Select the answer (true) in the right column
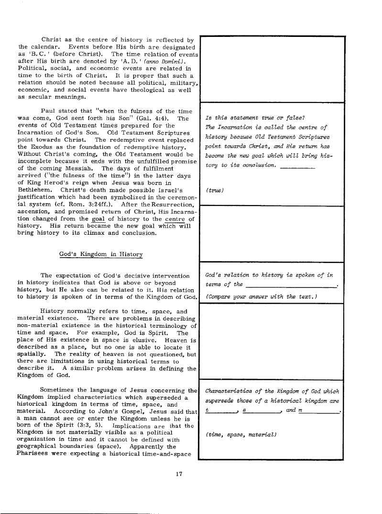(213, 190)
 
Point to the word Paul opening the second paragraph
(49, 110)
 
